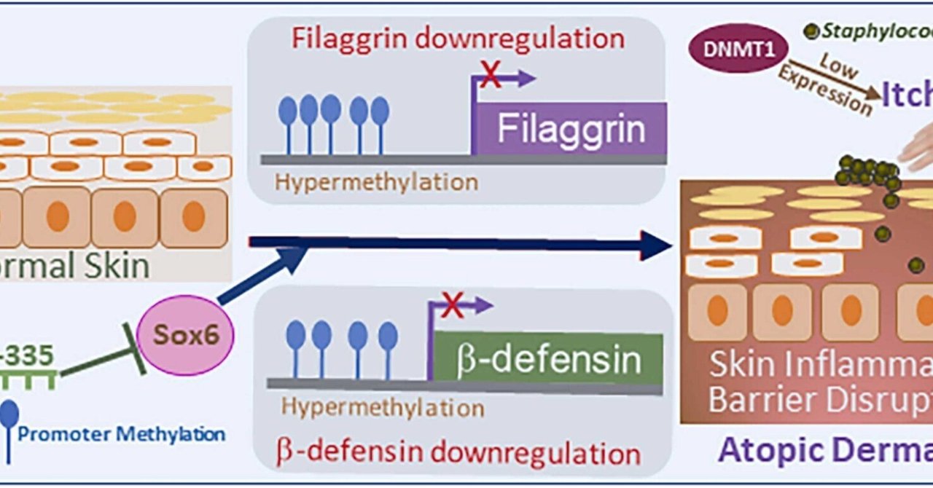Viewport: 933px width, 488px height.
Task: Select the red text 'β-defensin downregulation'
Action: (x=458, y=452)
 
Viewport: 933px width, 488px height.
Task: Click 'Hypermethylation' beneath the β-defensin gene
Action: (x=383, y=406)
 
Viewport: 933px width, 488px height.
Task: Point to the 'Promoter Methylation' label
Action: (x=121, y=436)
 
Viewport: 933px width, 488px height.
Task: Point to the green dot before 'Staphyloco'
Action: (x=810, y=31)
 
